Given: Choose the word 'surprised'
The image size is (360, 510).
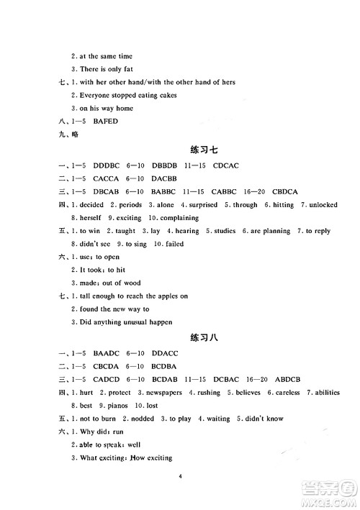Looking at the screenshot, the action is tap(203, 205).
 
